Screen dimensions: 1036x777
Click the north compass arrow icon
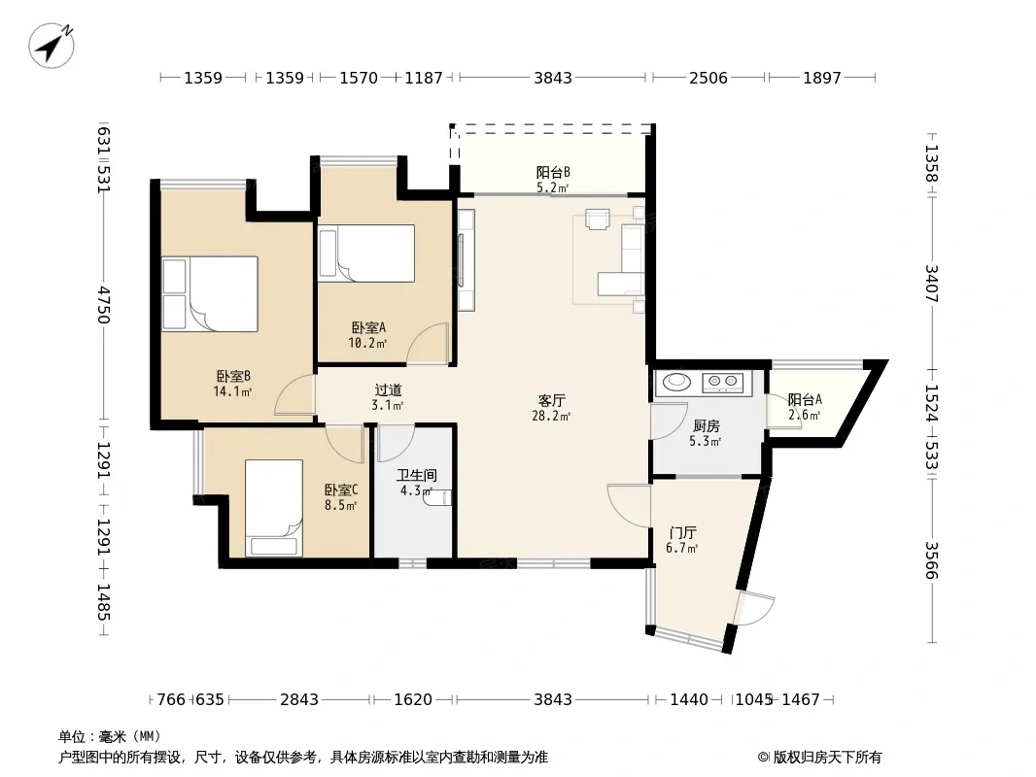click(x=52, y=46)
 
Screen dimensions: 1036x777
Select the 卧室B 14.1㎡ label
click(x=233, y=384)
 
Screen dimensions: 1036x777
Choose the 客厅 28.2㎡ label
click(x=551, y=408)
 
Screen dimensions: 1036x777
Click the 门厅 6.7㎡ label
click(x=682, y=540)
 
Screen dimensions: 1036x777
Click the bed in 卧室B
click(x=210, y=293)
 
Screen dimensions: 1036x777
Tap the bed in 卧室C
click(x=274, y=508)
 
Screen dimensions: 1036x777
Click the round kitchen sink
click(x=675, y=381)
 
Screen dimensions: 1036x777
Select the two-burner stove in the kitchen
click(x=722, y=381)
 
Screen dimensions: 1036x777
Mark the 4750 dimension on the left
click(x=103, y=304)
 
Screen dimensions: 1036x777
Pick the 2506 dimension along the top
click(x=708, y=78)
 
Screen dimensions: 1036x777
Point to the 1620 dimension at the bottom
click(x=413, y=699)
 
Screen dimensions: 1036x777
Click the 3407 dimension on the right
click(x=931, y=284)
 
